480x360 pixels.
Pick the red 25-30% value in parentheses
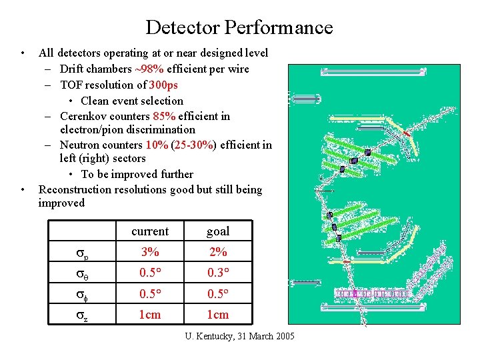pyautogui.click(x=192, y=145)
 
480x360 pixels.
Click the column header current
pyautogui.click(x=150, y=231)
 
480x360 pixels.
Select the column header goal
pyautogui.click(x=218, y=231)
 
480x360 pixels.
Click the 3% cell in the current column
pyautogui.click(x=150, y=252)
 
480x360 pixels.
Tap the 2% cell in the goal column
pyautogui.click(x=218, y=252)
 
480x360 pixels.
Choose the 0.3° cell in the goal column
pyautogui.click(x=218, y=273)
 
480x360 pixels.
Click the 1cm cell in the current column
pyautogui.click(x=150, y=315)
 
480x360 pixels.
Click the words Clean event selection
pyautogui.click(x=132, y=101)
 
